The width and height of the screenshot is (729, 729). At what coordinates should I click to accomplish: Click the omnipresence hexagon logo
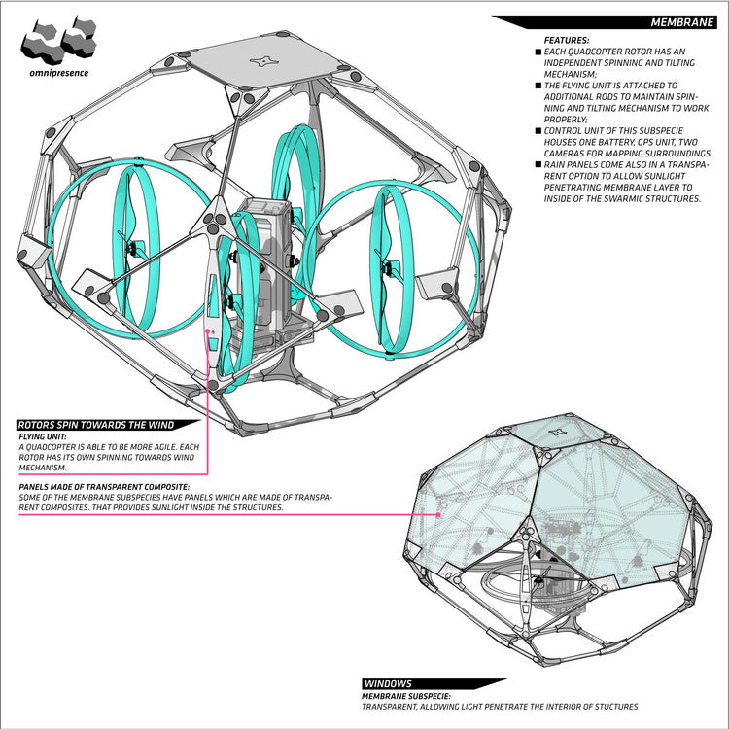[x=59, y=41]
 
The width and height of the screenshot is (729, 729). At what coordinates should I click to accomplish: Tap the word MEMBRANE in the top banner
[x=681, y=22]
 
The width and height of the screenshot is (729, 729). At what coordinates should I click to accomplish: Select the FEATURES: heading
[x=567, y=41]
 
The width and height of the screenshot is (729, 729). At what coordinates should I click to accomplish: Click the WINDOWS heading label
[x=388, y=684]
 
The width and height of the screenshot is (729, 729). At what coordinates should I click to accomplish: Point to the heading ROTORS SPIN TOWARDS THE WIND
[x=96, y=425]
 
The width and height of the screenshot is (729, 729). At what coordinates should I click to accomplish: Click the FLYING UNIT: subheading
[x=43, y=437]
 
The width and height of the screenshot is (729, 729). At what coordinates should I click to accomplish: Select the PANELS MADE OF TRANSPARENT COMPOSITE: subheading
[x=104, y=487]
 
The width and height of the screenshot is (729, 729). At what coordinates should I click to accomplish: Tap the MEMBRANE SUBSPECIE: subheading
[x=406, y=697]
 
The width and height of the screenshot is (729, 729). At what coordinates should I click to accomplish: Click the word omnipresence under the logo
[x=58, y=73]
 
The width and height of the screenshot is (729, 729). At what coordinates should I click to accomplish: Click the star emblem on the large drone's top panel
[x=264, y=61]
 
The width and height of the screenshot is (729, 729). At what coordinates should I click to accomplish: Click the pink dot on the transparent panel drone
[x=438, y=514]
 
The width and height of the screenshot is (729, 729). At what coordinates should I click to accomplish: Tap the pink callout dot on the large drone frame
[x=207, y=331]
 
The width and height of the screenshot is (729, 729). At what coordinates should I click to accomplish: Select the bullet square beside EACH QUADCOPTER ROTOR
[x=538, y=52]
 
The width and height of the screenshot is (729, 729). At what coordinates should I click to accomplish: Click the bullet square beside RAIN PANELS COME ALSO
[x=538, y=164]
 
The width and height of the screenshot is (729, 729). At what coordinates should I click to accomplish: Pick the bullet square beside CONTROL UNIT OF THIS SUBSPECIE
[x=538, y=130]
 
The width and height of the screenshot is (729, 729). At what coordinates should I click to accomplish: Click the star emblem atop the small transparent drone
[x=557, y=432]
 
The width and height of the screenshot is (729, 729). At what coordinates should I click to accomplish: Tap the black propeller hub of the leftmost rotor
[x=134, y=248]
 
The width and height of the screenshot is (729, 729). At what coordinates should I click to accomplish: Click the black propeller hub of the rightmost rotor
[x=387, y=268]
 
